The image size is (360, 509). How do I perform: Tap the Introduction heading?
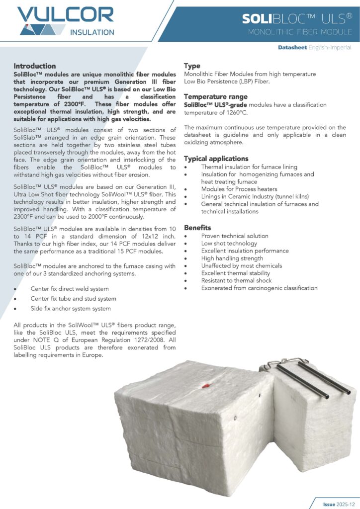tap(35, 66)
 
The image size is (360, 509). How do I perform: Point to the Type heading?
tap(192, 66)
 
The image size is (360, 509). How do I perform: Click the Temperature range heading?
tap(215, 96)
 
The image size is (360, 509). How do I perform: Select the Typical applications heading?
tap(216, 159)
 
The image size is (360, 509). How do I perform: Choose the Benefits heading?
tap(197, 228)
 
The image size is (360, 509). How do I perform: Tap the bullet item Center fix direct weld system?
tap(70, 289)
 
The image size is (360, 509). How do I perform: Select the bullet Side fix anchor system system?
tap(71, 309)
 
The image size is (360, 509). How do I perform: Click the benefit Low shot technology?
tap(229, 244)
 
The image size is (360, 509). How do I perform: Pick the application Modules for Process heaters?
tap(239, 189)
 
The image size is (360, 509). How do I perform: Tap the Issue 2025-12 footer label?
tap(337, 504)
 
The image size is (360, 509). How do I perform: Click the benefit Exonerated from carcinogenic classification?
tap(259, 288)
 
